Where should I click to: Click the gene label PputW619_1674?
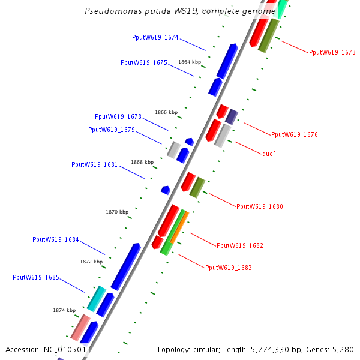[155, 37]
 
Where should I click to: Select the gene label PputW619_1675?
[143, 62]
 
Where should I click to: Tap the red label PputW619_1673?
[332, 53]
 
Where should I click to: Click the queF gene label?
[269, 154]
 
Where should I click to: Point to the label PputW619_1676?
[294, 134]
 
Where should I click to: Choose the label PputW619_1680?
[259, 206]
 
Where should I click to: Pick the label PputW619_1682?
[239, 246]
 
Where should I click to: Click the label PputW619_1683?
[228, 268]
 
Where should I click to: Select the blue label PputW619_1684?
[55, 240]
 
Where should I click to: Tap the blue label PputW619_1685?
[35, 277]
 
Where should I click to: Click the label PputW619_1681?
[94, 164]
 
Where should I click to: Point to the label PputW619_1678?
[118, 116]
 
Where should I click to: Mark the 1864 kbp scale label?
[190, 62]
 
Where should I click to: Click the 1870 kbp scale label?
[117, 212]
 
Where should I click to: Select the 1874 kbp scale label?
[64, 310]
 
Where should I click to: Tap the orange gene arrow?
[179, 227]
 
